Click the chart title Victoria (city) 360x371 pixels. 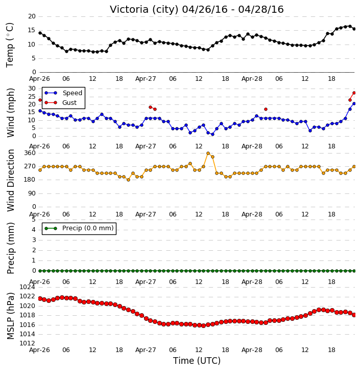tap(145, 10)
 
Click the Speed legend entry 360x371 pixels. tap(63, 93)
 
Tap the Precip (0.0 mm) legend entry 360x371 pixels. tap(79, 228)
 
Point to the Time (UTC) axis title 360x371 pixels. tap(197, 361)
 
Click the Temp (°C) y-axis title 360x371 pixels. tap(10, 45)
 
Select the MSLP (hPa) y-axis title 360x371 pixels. tap(11, 316)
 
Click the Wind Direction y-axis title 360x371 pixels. tap(11, 180)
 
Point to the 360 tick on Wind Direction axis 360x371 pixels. tap(30, 153)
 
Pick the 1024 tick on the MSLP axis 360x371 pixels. tap(27, 287)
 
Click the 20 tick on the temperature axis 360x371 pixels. tap(32, 16)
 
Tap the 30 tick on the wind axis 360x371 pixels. tap(32, 89)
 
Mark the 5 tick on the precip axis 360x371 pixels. tap(34, 220)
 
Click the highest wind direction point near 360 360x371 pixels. tap(208, 154)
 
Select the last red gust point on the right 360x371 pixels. tap(354, 93)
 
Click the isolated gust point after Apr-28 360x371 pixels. tap(266, 110)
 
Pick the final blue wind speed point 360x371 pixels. tap(354, 104)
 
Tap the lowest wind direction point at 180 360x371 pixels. tap(128, 180)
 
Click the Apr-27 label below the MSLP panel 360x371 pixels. tap(146, 350)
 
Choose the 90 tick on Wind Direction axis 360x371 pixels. tap(32, 193)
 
